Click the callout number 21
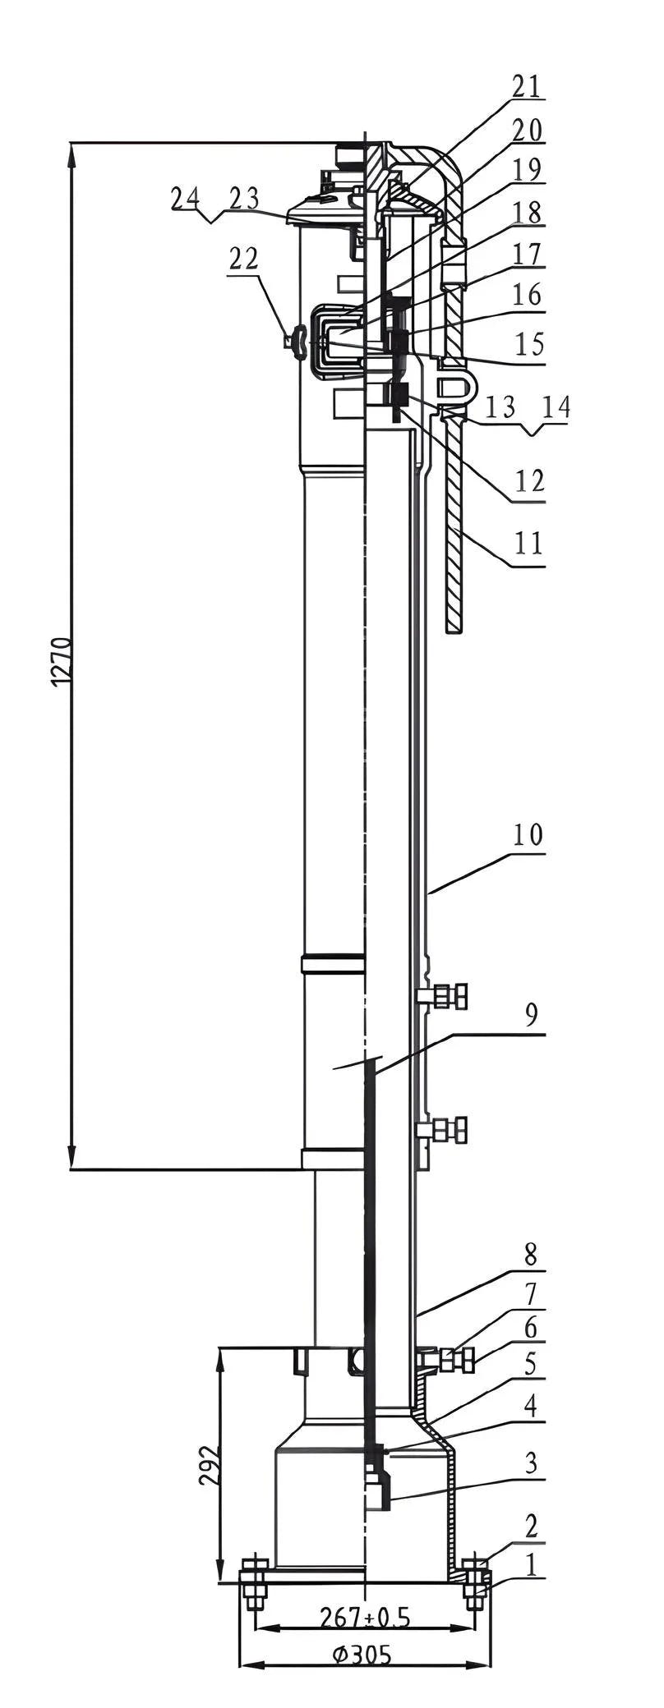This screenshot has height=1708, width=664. point(527,86)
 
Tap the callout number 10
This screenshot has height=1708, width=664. point(528,835)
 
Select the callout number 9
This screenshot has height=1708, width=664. point(532,1015)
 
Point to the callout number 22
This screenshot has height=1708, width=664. point(243,259)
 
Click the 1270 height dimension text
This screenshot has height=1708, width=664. point(62,661)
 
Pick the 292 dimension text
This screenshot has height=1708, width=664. point(209,1463)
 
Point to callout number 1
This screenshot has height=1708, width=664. point(532,1565)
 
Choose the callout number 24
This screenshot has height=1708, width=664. point(185,198)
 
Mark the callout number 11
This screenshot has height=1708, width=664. point(528,543)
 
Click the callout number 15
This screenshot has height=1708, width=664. point(528,342)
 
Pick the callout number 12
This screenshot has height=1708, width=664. point(528,480)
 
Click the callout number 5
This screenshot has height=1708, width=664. point(532,1364)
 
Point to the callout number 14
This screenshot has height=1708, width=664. point(556,408)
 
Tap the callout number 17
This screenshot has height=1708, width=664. point(528,254)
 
